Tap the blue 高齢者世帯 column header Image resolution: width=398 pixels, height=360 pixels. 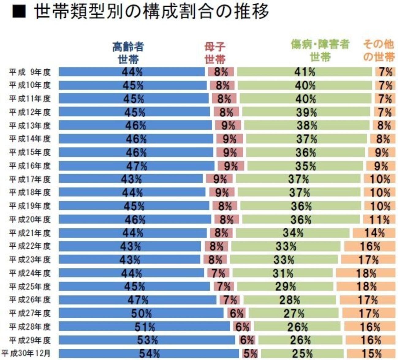click(x=128, y=53)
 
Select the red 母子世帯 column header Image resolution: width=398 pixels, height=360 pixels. click(x=215, y=53)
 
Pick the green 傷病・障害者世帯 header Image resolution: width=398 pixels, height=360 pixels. click(x=320, y=51)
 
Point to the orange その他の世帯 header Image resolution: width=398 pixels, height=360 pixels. click(x=379, y=51)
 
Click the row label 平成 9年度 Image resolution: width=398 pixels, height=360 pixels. click(x=29, y=72)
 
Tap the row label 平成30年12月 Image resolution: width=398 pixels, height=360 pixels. click(x=26, y=353)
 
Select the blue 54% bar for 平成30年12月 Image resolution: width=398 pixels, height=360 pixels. click(x=149, y=353)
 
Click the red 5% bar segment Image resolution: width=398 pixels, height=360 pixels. click(x=250, y=354)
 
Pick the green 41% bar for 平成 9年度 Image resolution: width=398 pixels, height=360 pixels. click(x=305, y=72)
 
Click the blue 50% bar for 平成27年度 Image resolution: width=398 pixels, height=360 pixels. click(x=141, y=313)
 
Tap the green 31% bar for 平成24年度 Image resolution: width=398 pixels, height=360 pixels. click(x=282, y=273)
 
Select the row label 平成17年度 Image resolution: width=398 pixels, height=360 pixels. click(x=29, y=179)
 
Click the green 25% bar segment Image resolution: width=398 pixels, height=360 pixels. click(x=302, y=354)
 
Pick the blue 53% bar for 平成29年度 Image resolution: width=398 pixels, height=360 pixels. click(x=147, y=340)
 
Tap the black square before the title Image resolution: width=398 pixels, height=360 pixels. click(x=18, y=12)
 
